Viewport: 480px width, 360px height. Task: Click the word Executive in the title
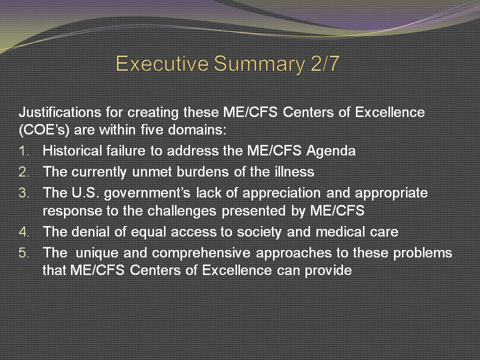click(x=162, y=63)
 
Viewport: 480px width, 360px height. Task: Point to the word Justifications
click(x=60, y=112)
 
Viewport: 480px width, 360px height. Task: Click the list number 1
click(x=23, y=151)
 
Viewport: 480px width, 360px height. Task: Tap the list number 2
click(x=23, y=172)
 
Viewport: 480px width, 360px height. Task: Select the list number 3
click(x=23, y=193)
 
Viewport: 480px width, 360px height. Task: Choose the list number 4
click(x=23, y=232)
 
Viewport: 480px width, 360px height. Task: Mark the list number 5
click(x=23, y=253)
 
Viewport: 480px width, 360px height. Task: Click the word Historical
click(x=72, y=150)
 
